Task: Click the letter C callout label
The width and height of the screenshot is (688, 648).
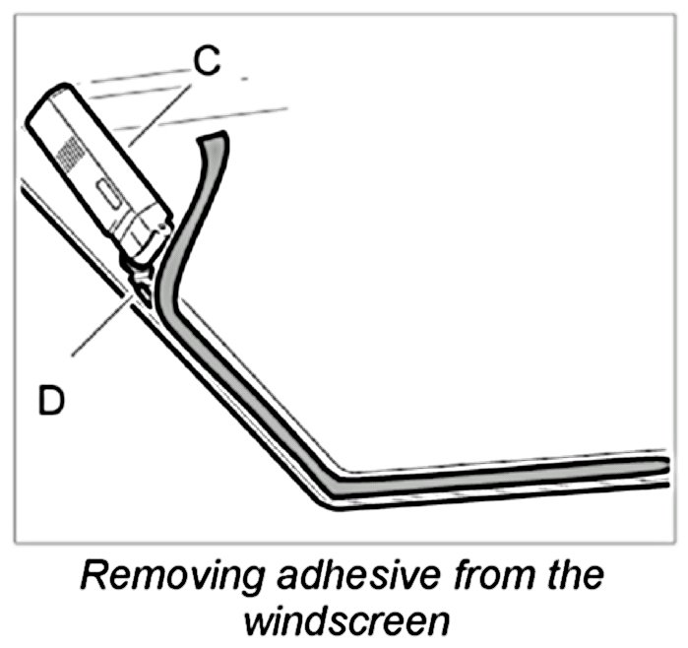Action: (x=207, y=62)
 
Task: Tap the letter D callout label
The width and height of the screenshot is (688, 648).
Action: (x=51, y=401)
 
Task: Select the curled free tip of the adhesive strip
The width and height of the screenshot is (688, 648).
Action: (x=212, y=140)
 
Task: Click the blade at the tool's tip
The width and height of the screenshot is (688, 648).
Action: (x=142, y=289)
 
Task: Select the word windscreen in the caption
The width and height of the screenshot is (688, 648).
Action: (x=344, y=620)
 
